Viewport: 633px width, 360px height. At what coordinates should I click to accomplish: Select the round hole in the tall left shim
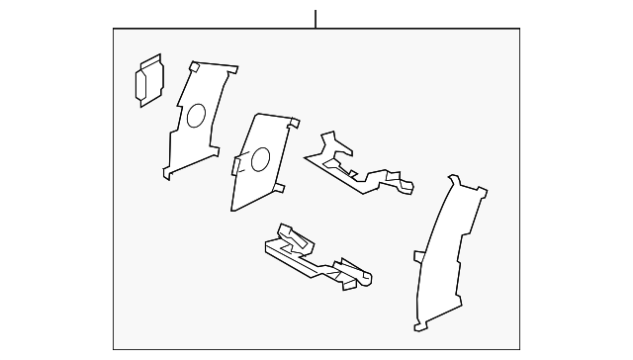pyautogui.click(x=195, y=116)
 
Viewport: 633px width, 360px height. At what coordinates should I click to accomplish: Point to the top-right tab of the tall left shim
pyautogui.click(x=232, y=72)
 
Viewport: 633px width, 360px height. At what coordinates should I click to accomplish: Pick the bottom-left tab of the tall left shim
pyautogui.click(x=165, y=175)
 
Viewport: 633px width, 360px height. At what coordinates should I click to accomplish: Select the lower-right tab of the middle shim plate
pyautogui.click(x=281, y=187)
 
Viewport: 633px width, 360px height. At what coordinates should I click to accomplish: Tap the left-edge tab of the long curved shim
pyautogui.click(x=417, y=256)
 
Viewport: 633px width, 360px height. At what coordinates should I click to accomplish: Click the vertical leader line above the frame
pyautogui.click(x=316, y=18)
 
